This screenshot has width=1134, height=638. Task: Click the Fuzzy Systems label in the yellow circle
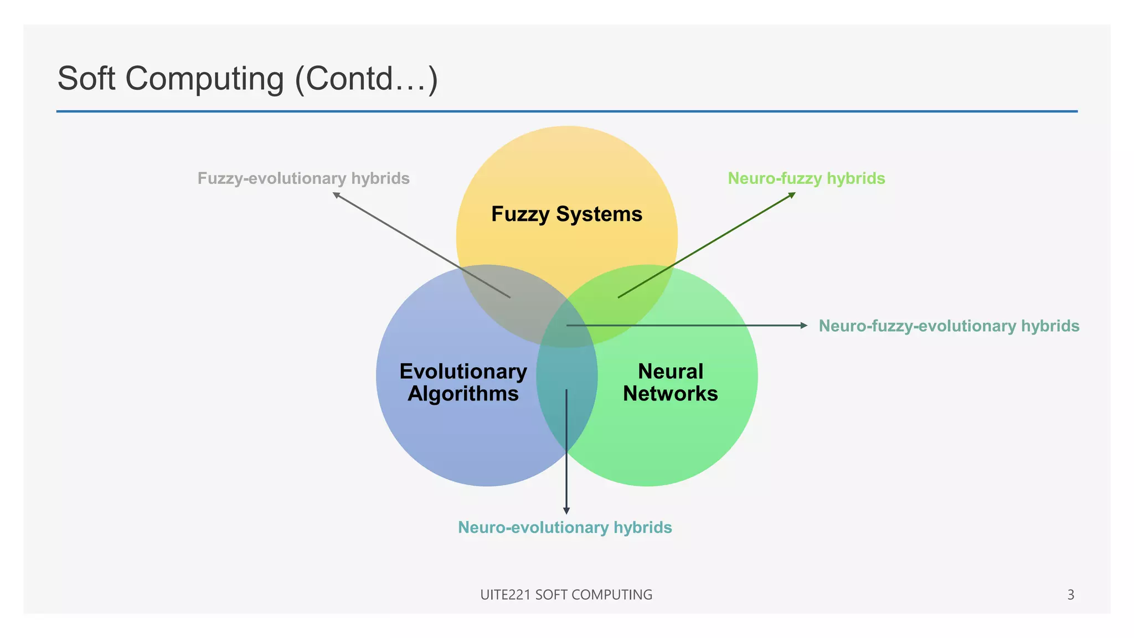click(566, 214)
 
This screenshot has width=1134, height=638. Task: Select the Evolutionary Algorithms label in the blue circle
click(463, 382)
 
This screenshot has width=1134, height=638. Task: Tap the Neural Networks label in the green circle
click(670, 382)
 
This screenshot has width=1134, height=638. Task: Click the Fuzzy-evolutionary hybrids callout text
click(303, 178)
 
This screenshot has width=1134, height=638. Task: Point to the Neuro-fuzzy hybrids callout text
click(806, 178)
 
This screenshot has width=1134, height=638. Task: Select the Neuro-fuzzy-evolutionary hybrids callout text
click(949, 326)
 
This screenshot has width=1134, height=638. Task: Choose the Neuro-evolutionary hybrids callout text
click(565, 527)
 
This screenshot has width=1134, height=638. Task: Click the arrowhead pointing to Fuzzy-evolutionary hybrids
click(336, 194)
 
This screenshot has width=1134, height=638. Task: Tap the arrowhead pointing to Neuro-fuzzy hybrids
click(792, 194)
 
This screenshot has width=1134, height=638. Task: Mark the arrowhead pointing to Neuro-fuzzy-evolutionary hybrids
click(805, 326)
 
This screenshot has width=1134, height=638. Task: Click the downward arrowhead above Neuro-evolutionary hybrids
click(566, 511)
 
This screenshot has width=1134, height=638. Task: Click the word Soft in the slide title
click(86, 79)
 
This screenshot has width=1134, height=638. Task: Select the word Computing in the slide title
click(204, 79)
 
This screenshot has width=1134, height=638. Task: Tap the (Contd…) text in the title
click(367, 79)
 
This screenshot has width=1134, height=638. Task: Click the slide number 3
click(1070, 595)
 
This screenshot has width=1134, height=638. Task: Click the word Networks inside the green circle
click(670, 394)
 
